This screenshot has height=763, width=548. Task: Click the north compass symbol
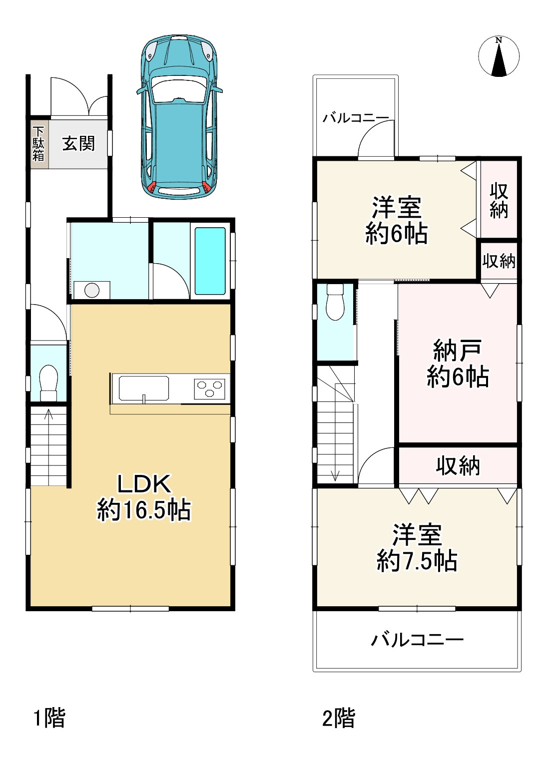tap(499, 56)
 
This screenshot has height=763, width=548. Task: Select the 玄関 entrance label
tap(78, 144)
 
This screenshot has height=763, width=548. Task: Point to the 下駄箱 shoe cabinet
tap(38, 144)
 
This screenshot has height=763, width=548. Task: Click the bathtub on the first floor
tap(210, 261)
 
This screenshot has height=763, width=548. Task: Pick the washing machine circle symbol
tap(91, 290)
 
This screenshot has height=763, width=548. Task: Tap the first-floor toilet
tap(48, 382)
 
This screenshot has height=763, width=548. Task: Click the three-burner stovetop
tap(210, 388)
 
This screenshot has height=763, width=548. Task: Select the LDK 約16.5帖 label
tap(144, 497)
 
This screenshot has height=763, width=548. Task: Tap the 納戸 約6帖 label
tap(458, 364)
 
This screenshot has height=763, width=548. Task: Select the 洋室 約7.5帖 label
tap(417, 548)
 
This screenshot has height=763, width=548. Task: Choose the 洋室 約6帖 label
tap(396, 221)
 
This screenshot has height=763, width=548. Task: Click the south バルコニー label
tap(417, 640)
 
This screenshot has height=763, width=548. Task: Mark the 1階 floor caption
tap(49, 718)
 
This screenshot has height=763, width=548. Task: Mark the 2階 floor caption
tap(338, 719)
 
